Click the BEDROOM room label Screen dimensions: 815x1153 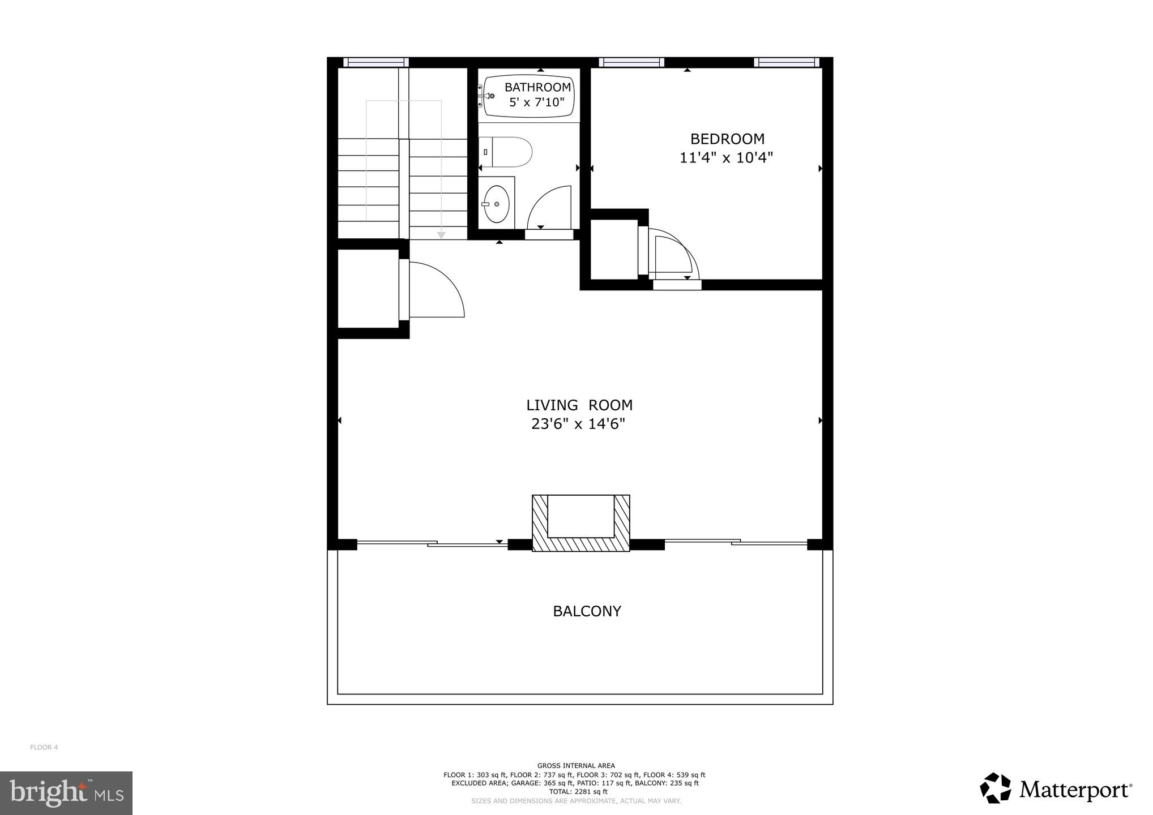727,139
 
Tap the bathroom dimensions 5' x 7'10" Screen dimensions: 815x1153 537,102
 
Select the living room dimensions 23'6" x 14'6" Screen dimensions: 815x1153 578,424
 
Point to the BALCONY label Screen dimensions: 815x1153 587,611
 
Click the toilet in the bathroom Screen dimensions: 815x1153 506,152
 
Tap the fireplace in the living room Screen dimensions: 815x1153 580,524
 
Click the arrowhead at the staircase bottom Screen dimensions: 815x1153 441,235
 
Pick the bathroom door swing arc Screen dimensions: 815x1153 548,207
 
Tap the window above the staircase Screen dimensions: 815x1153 375,62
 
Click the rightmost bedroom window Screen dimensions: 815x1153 786,62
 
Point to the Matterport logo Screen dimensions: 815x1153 1056,788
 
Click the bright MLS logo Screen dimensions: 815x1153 66,793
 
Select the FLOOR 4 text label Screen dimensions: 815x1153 44,747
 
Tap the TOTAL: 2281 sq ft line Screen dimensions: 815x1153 576,792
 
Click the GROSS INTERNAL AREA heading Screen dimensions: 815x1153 576,766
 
